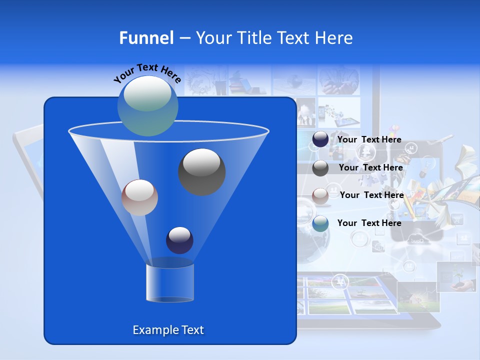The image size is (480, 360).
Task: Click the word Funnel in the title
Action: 146,38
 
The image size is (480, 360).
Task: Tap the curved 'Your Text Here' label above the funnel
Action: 147,72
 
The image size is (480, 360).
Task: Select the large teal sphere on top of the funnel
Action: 148,105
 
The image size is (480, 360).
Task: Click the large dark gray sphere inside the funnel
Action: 201,171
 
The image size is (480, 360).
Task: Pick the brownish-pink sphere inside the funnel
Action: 139,197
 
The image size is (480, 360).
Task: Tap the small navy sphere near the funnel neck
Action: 179,240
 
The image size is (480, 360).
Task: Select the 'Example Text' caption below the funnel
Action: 168,330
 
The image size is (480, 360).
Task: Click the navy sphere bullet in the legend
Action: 320,139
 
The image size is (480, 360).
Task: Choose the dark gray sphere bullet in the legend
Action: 320,168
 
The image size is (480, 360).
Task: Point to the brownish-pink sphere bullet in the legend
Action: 320,195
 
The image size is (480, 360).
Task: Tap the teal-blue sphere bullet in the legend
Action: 320,223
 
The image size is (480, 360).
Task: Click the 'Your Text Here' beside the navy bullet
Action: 369,140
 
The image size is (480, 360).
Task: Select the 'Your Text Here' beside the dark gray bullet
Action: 370,168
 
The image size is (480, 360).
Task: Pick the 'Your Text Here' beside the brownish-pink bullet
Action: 371,195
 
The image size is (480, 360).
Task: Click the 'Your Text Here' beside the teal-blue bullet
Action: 369,223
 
